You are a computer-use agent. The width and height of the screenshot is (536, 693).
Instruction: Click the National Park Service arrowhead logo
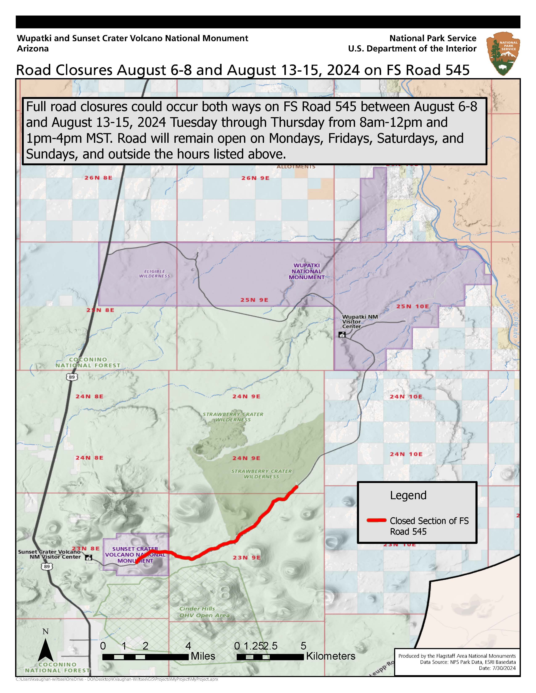[x=503, y=54]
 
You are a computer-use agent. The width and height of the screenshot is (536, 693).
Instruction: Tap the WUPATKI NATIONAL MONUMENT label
[x=306, y=271]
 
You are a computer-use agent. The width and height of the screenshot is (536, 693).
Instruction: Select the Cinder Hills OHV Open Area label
[x=204, y=612]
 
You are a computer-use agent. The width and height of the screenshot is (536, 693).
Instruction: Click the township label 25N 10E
[x=412, y=307]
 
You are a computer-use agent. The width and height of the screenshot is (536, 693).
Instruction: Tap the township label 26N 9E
[x=255, y=178]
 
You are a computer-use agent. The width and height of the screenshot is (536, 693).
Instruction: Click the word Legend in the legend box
[x=408, y=495]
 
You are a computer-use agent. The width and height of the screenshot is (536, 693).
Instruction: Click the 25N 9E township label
[x=254, y=300]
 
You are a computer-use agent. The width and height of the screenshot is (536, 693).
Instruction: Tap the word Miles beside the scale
[x=203, y=656]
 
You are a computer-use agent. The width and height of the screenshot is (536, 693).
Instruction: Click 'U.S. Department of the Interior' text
[x=412, y=49]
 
